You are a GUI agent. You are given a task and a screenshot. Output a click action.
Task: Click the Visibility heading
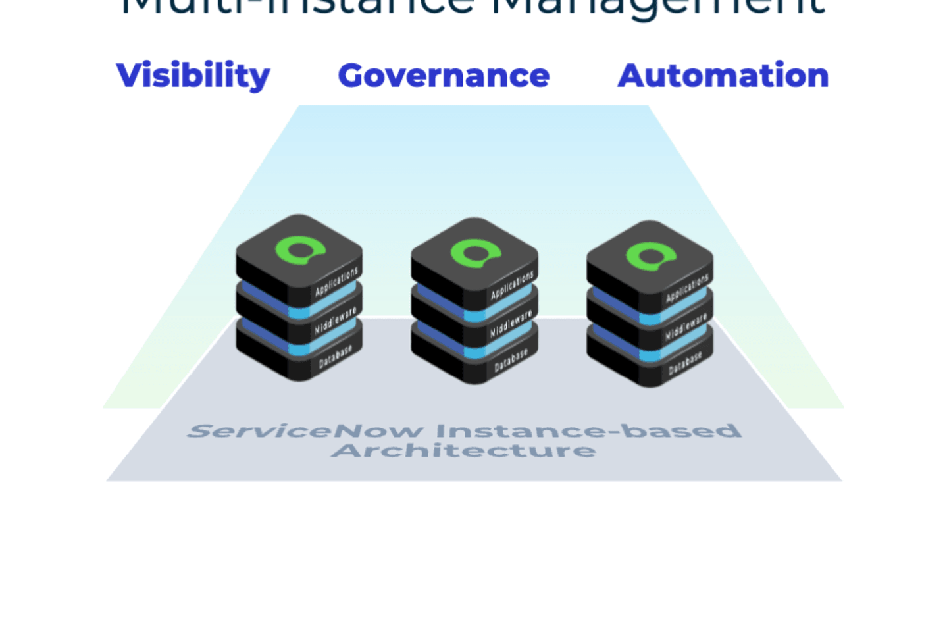tap(193, 76)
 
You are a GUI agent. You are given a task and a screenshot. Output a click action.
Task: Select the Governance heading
tap(444, 76)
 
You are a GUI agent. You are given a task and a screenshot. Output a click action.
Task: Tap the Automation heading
tap(723, 76)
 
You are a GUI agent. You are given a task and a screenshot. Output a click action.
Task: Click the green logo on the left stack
tap(300, 250)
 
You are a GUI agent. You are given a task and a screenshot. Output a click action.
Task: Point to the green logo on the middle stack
tap(475, 253)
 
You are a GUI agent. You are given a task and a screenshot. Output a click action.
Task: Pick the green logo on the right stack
tap(651, 256)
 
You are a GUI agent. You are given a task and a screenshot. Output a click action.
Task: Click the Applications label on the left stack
tap(336, 282)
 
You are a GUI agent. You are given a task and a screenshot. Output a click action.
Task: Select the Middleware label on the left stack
tap(335, 320)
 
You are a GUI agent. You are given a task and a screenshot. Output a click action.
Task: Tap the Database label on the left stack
tap(335, 357)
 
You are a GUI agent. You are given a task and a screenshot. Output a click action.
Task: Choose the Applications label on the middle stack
tap(511, 286)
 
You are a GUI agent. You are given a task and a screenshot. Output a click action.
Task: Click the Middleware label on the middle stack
tap(511, 323)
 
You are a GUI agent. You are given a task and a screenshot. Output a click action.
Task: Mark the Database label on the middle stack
tap(511, 360)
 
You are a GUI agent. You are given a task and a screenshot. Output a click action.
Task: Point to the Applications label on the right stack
tap(687, 288)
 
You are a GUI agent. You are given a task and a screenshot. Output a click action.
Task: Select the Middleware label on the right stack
tap(686, 326)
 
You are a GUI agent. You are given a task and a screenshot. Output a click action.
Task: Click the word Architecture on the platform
tap(464, 451)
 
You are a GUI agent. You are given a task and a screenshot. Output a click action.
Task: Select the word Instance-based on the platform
tap(588, 431)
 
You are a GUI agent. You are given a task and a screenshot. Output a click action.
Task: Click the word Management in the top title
tap(658, 7)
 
